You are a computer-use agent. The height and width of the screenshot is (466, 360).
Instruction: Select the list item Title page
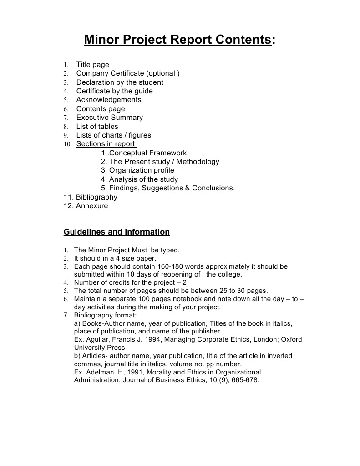pyautogui.click(x=92, y=65)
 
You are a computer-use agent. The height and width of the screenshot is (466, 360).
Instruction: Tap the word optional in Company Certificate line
pyautogui.click(x=163, y=73)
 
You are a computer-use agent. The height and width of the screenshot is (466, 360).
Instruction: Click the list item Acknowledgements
pyautogui.click(x=109, y=100)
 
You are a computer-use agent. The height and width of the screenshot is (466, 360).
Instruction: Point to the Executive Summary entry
pyautogui.click(x=109, y=118)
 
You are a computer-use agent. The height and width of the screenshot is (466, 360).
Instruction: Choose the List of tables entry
pyautogui.click(x=97, y=127)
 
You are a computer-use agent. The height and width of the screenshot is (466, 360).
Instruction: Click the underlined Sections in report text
pyautogui.click(x=106, y=144)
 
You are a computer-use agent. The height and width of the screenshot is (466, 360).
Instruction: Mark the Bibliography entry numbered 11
pyautogui.click(x=96, y=197)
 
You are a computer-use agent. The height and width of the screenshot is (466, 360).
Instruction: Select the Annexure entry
pyautogui.click(x=92, y=206)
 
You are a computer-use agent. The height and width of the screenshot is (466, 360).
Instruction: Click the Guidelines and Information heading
pyautogui.click(x=117, y=232)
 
